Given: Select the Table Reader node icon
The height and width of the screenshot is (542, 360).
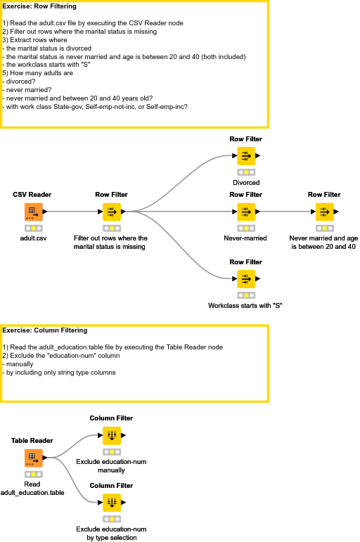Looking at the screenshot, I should click(x=32, y=458).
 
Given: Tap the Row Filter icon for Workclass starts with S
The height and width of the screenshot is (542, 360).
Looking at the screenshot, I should click(x=246, y=278).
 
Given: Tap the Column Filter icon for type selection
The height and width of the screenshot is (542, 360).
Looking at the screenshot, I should click(x=111, y=503).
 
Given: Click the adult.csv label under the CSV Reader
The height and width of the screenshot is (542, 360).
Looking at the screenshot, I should click(x=33, y=238).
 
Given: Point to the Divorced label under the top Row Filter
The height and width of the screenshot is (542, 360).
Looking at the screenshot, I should click(x=246, y=183).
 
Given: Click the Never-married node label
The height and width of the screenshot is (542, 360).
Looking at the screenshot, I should click(x=245, y=238).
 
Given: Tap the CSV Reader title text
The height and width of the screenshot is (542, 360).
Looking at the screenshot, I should click(x=32, y=194).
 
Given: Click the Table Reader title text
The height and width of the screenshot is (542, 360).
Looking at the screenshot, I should click(x=32, y=441).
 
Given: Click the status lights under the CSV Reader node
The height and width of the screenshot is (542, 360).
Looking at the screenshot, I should click(x=33, y=228).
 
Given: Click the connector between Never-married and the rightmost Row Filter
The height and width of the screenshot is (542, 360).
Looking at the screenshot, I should click(x=284, y=210).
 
